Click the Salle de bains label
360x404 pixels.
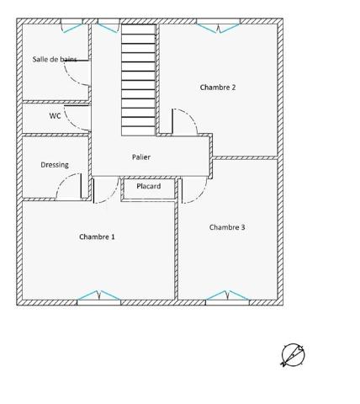tap(54, 59)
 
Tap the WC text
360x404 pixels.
tap(55, 115)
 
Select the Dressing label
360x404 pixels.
tap(55, 165)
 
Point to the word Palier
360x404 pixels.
tap(141, 157)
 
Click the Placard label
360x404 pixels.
tap(149, 186)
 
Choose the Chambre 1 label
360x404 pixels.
tap(98, 237)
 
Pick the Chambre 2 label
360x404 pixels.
tap(217, 87)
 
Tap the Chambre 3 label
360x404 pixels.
tap(227, 227)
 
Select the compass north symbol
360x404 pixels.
tap(292, 355)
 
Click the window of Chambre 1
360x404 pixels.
tap(98, 297)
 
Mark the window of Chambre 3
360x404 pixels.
tap(226, 297)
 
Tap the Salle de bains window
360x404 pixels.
tap(71, 28)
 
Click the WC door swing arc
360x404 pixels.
tap(77, 118)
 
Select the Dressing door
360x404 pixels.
tap(69, 187)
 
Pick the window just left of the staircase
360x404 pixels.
tap(107, 28)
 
